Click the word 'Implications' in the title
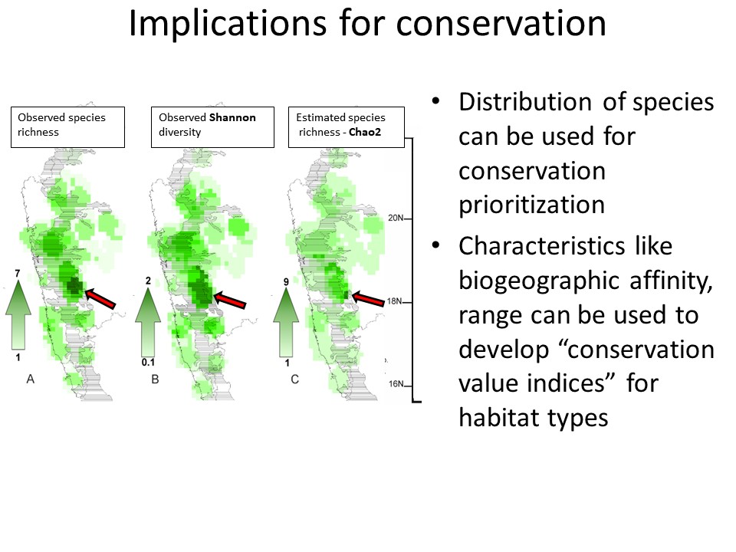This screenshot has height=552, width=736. (228, 24)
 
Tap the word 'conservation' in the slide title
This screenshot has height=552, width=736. (501, 24)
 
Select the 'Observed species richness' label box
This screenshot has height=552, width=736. (68, 127)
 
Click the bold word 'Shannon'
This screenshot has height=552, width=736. (232, 117)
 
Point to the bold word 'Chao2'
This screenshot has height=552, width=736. (365, 132)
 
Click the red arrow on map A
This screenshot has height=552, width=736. (100, 298)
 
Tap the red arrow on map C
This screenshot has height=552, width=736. (368, 298)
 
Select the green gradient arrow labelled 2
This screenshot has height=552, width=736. (148, 321)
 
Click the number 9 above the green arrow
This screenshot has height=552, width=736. (286, 282)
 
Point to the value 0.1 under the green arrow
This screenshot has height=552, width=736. (148, 363)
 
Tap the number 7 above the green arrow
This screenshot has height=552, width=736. (18, 274)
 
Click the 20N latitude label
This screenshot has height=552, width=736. (396, 218)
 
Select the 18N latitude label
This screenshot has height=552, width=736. (395, 301)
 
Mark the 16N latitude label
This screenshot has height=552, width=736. (396, 384)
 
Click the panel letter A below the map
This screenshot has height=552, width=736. (31, 379)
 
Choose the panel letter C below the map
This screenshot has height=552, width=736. (294, 379)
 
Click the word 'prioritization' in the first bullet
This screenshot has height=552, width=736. (532, 205)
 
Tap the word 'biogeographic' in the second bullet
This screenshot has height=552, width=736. (540, 281)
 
